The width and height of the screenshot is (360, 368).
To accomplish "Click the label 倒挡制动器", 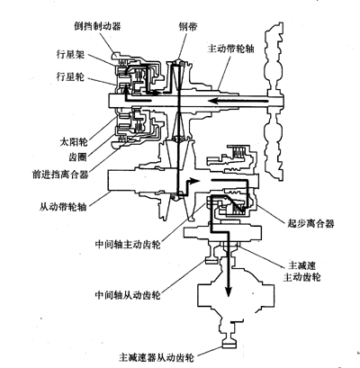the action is [x=97, y=26].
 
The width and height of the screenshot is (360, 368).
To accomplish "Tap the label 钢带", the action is [x=187, y=26].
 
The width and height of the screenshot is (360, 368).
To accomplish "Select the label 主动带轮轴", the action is [x=230, y=49].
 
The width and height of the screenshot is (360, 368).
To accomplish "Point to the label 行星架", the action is [x=70, y=55].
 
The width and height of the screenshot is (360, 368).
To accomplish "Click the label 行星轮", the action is [x=70, y=76].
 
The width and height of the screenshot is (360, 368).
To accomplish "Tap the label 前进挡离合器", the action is [x=60, y=174].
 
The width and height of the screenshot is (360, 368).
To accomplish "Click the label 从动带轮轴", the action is [x=63, y=207].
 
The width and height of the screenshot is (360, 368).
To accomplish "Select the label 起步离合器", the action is [x=310, y=223].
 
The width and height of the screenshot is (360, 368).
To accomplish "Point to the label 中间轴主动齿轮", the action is [x=128, y=245].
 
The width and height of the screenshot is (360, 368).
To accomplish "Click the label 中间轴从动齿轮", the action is [x=128, y=295].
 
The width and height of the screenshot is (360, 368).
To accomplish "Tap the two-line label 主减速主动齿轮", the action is [x=301, y=271].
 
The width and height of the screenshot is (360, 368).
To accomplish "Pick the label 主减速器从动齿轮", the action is [x=157, y=357].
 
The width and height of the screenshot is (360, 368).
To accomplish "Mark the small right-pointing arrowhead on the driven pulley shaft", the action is [x=195, y=181].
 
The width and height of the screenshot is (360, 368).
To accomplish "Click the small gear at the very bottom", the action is [x=229, y=343].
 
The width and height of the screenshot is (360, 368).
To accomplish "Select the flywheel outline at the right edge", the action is [x=274, y=101].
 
